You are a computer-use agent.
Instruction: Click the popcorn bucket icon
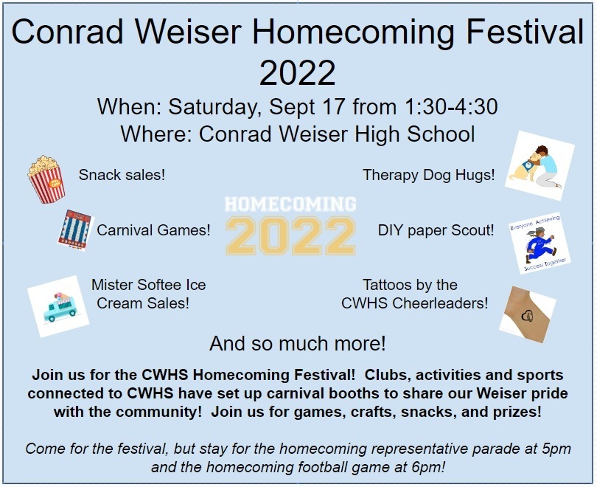(x=46, y=179)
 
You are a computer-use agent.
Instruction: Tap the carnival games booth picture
(x=75, y=229)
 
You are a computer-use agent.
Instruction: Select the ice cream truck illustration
(x=58, y=306)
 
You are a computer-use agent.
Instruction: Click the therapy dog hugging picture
(x=540, y=166)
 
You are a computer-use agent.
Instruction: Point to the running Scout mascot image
(x=540, y=243)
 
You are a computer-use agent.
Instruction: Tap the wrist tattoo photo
(x=528, y=314)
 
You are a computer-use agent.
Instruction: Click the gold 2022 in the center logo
(x=290, y=236)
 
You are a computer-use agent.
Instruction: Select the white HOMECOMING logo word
(x=290, y=204)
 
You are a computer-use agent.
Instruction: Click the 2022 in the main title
(x=297, y=72)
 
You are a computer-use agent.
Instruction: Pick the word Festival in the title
(x=525, y=31)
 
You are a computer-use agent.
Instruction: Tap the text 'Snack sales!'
(x=122, y=175)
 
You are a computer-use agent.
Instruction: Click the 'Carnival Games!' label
(x=153, y=230)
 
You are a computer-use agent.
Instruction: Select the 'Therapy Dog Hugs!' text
(x=429, y=176)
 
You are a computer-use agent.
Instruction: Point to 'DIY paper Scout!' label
(x=436, y=230)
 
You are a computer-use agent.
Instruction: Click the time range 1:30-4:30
(x=451, y=107)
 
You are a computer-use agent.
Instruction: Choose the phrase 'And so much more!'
(x=298, y=343)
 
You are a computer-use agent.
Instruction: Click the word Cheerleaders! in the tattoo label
(x=440, y=303)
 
